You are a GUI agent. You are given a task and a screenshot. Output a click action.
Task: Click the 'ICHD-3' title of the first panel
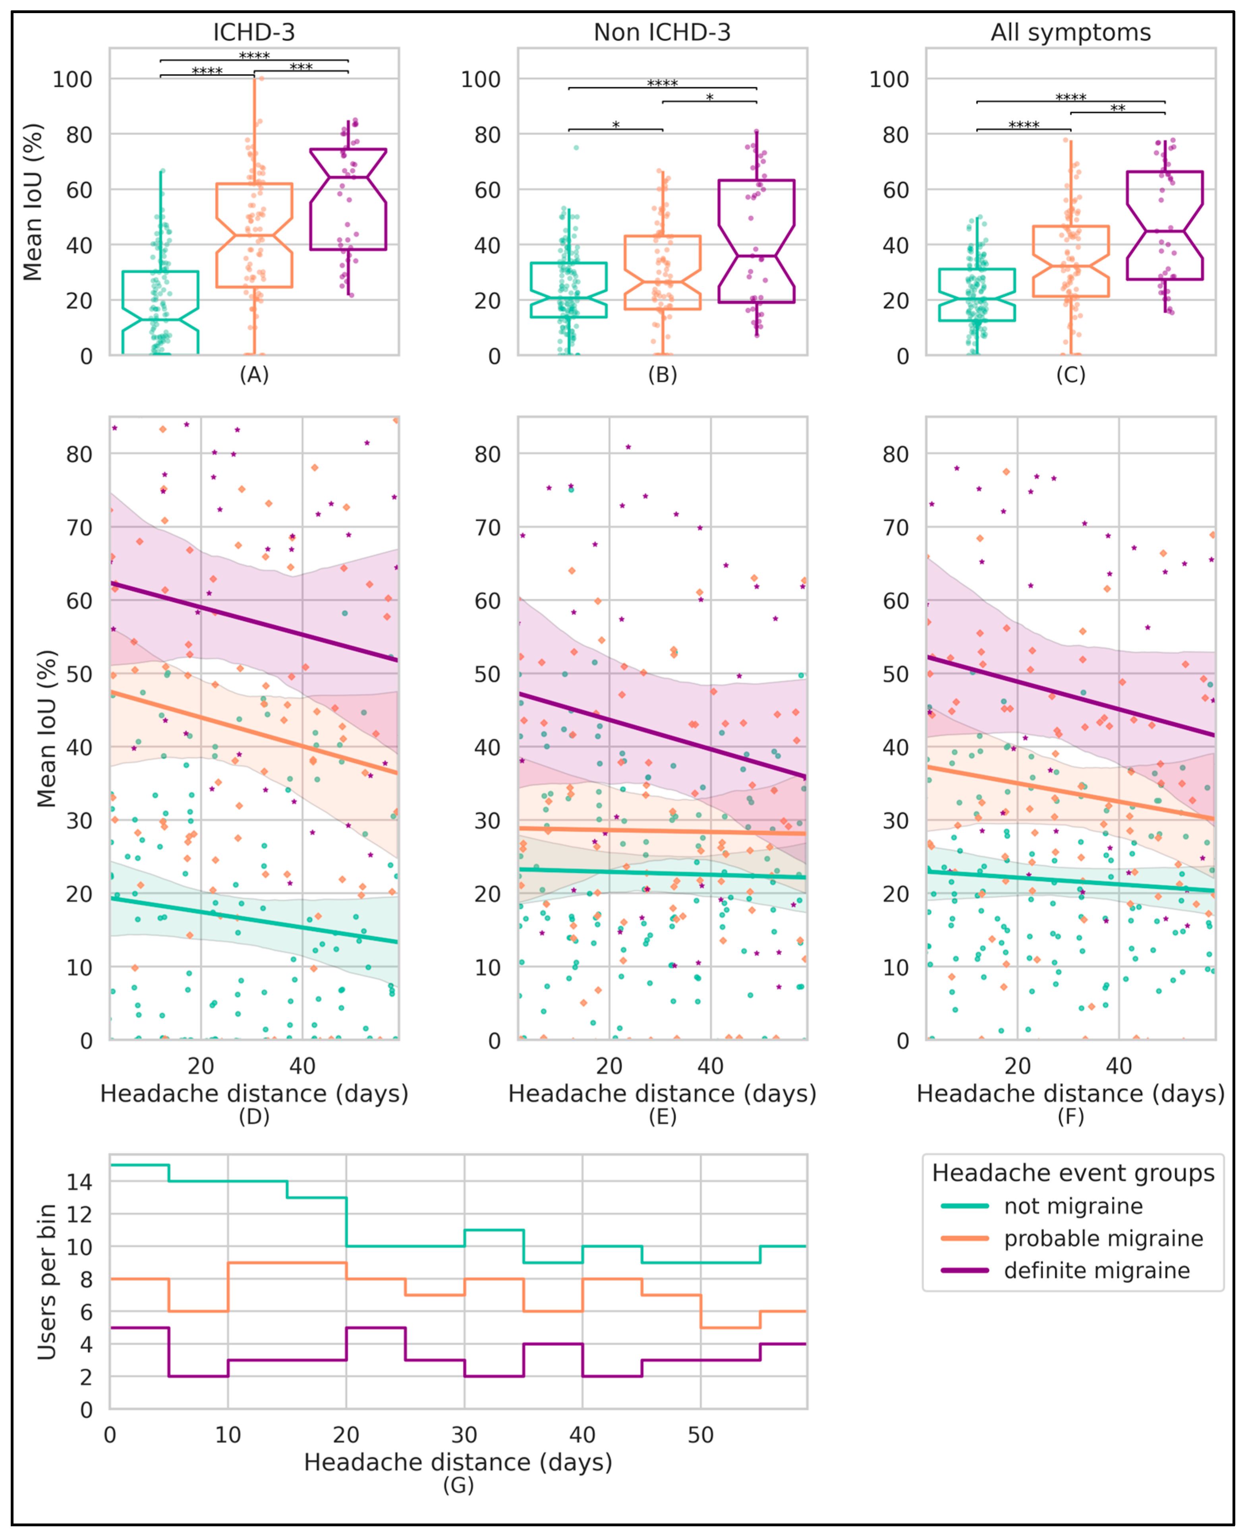pos(254,32)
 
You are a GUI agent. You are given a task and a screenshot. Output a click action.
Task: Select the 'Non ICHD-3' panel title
pos(662,32)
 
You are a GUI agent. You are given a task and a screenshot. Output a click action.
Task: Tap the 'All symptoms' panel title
pos(1070,32)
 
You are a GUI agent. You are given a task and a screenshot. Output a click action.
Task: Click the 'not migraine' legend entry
pos(1072,1206)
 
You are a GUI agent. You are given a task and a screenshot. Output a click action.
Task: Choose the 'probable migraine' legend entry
pos(1103,1238)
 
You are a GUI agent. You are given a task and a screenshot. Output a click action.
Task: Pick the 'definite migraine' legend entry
pos(1096,1271)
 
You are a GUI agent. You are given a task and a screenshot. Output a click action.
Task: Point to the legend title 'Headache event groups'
pos(1072,1173)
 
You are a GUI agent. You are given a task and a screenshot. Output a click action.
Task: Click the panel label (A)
pos(254,375)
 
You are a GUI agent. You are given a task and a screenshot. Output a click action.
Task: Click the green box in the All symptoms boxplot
pos(976,295)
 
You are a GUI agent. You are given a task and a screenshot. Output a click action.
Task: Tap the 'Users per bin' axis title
pos(47,1282)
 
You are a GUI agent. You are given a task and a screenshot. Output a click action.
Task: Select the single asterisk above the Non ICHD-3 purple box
pos(709,97)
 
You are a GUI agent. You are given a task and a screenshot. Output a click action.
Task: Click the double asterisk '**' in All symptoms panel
pos(1117,108)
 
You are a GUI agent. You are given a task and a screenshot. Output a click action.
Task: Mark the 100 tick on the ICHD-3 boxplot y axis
pos(73,79)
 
